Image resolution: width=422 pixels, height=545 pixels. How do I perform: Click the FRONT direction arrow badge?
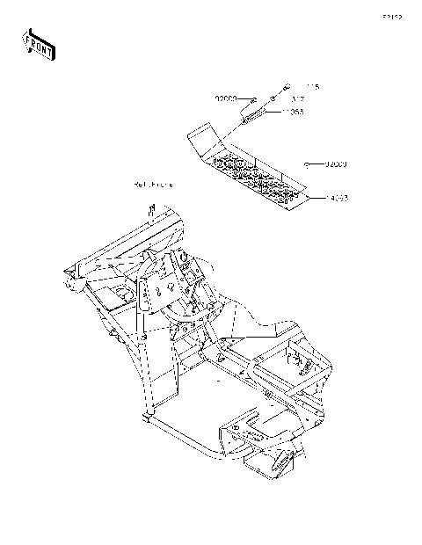click(x=38, y=43)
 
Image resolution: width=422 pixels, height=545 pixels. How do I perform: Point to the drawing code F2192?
click(x=393, y=17)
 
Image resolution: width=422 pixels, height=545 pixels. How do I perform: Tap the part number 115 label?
click(x=310, y=87)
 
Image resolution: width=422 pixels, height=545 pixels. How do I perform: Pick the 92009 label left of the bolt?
click(x=227, y=98)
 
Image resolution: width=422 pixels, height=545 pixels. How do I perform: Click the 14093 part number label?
click(x=338, y=200)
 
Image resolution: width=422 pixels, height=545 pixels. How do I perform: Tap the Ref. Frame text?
click(x=153, y=185)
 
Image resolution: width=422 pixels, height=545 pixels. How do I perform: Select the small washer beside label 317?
click(x=273, y=99)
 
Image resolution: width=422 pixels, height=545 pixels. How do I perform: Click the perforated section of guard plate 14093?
click(x=264, y=176)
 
